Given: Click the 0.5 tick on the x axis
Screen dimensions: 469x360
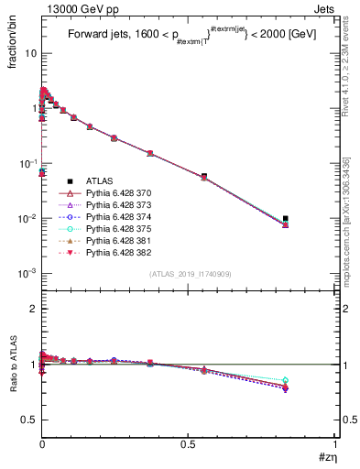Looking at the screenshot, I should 188,445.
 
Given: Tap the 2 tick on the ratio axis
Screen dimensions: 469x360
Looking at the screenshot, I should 33,309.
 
